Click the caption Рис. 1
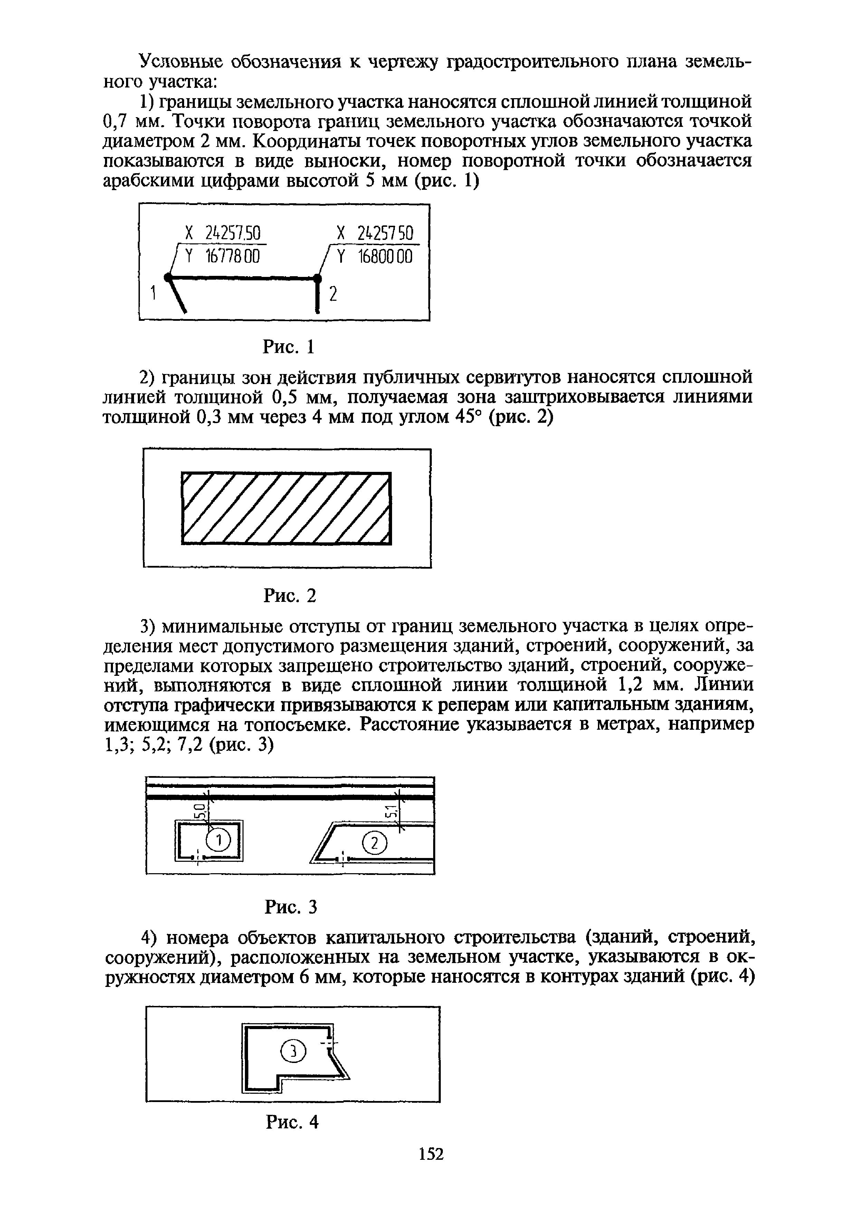pos(289,347)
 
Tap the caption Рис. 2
pos(290,595)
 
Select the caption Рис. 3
pos(291,907)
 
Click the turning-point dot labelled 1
pos(168,277)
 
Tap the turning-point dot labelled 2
pos(317,277)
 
